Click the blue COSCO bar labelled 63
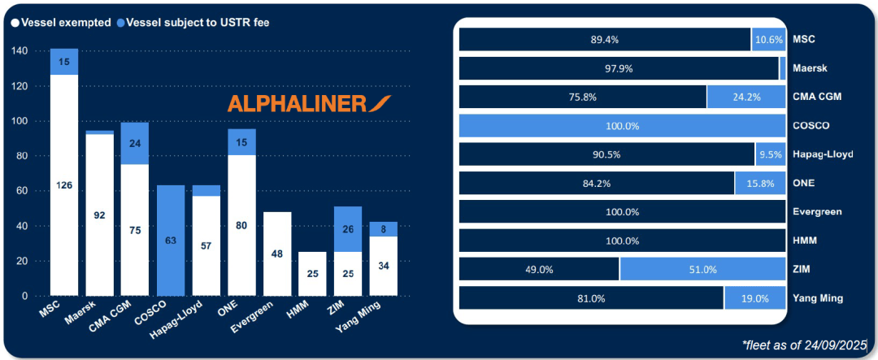tap(171, 241)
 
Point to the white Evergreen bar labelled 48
tap(277, 254)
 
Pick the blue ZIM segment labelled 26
tap(348, 229)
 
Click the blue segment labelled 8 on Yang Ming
tap(383, 229)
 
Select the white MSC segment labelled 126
tap(64, 185)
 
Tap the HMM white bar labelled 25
tap(312, 274)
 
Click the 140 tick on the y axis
tap(20, 51)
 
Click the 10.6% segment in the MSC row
tap(768, 39)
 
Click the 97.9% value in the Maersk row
tap(619, 68)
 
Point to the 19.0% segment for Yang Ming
tap(754, 298)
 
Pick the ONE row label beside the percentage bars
tap(804, 184)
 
